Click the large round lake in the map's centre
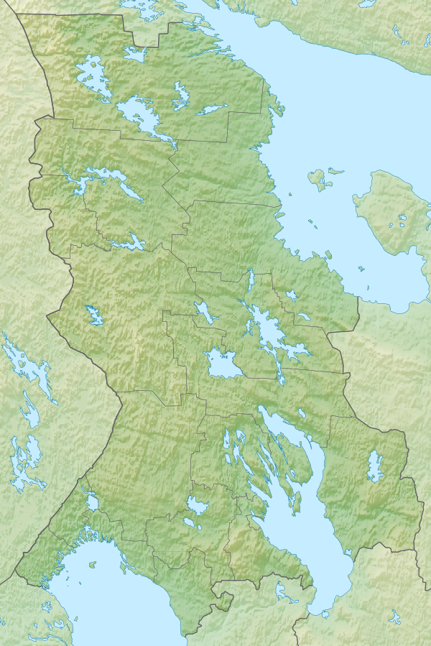222,365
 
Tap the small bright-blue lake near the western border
93,314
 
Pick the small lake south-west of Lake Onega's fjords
197,505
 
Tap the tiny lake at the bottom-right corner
394,617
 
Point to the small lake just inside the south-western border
92,501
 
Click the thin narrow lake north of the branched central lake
251,280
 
